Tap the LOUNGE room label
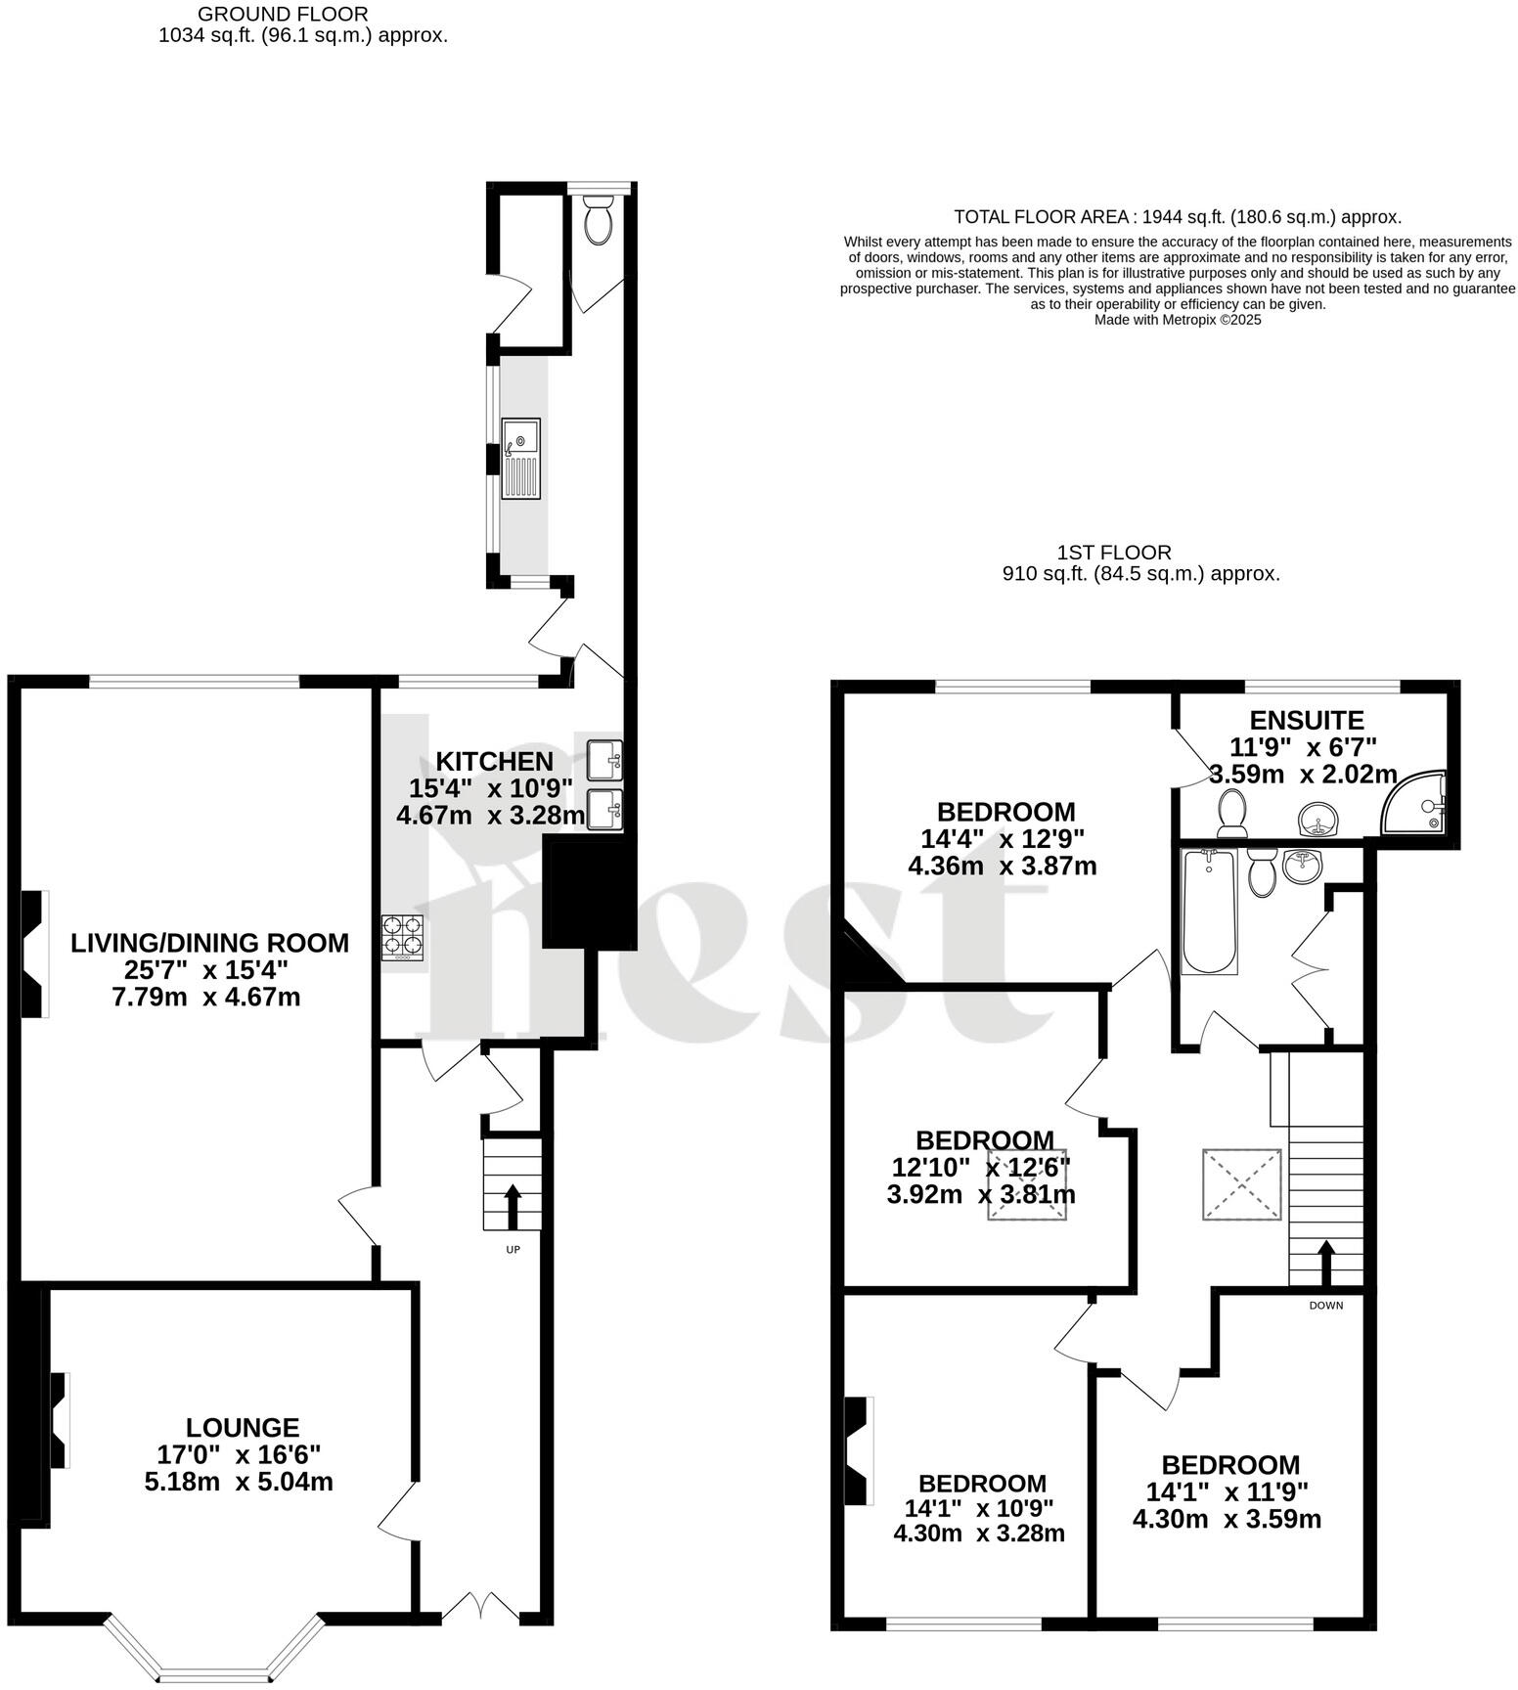click(243, 1427)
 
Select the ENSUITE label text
click(1307, 721)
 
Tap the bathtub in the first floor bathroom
click(1209, 911)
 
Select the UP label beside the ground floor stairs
click(513, 1249)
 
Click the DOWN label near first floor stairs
click(1326, 1305)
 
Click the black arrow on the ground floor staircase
click(512, 1206)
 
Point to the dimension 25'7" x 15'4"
click(209, 970)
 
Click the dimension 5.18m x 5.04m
click(239, 1482)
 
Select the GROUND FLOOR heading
click(283, 15)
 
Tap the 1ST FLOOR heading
click(1113, 553)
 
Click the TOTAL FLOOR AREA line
click(1177, 217)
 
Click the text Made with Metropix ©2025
click(1177, 320)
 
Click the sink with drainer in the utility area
click(520, 459)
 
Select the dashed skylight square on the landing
click(1241, 1184)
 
